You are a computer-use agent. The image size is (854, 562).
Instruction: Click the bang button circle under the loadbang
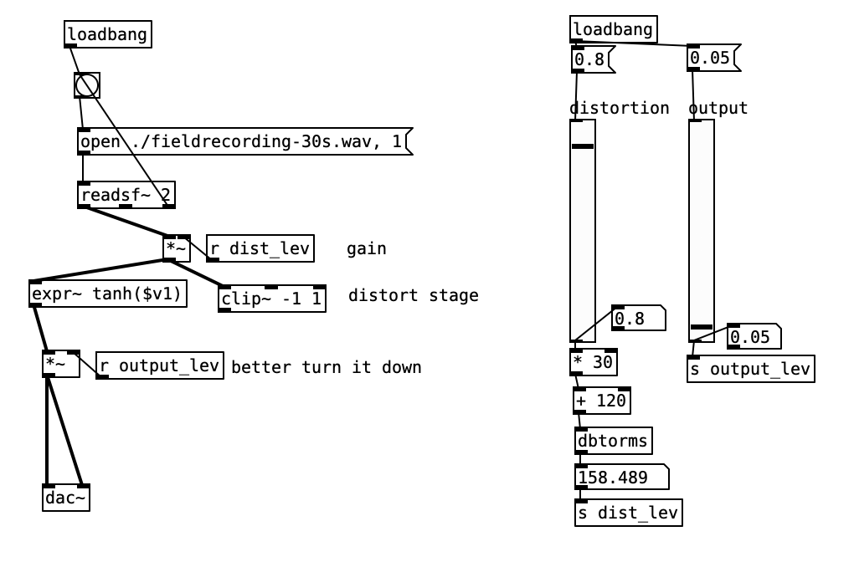[x=87, y=85]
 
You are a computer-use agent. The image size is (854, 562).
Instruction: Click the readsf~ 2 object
[x=126, y=196]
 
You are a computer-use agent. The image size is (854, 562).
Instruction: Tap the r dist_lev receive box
[x=260, y=248]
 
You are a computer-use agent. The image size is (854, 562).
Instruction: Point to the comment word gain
[x=367, y=248]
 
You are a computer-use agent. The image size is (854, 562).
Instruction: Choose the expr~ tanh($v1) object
[x=107, y=294]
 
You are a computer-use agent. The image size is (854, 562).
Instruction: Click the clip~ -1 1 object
[x=272, y=298]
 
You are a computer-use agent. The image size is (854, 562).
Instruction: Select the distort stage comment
[x=414, y=295]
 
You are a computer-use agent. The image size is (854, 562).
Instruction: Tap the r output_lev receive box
[x=160, y=365]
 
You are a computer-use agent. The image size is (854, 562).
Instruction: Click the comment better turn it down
[x=327, y=366]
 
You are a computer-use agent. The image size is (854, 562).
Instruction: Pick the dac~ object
[x=66, y=498]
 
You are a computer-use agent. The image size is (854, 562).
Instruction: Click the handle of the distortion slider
[x=582, y=146]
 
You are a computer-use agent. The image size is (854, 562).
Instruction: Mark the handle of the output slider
[x=702, y=326]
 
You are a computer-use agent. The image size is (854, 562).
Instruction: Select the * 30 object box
[x=594, y=362]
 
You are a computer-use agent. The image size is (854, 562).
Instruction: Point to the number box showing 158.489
[x=620, y=477]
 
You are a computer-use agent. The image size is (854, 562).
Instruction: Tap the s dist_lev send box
[x=628, y=513]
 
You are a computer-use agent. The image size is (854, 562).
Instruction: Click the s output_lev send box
[x=750, y=369]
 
